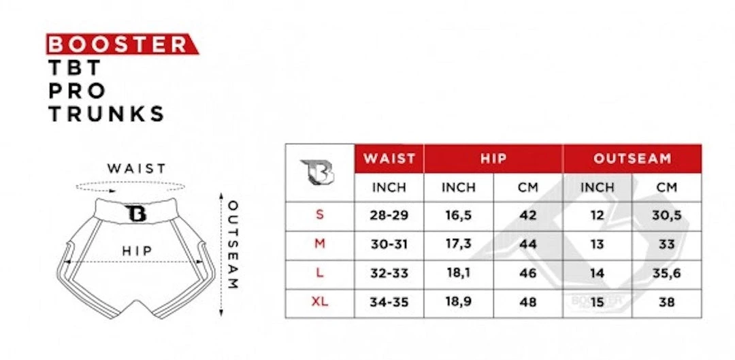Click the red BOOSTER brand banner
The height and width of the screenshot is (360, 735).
(x=122, y=44)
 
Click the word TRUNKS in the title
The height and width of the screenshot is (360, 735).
(x=106, y=114)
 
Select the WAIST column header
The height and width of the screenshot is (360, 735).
(x=389, y=159)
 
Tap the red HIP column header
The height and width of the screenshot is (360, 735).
(x=493, y=159)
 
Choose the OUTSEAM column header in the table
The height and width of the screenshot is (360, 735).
(x=632, y=159)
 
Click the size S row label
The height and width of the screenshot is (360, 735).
(x=320, y=214)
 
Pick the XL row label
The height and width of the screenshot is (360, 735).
(x=320, y=302)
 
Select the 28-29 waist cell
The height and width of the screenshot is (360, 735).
(x=389, y=216)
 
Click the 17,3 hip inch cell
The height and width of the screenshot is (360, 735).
(x=459, y=244)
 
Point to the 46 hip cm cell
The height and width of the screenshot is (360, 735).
(x=528, y=274)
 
